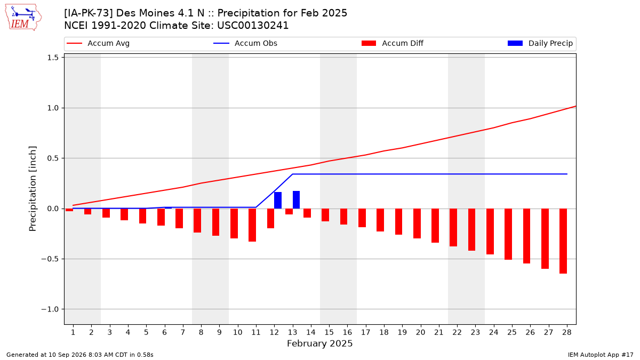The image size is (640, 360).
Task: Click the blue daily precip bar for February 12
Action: pos(278,201)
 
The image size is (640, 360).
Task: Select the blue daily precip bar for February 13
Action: pos(297,199)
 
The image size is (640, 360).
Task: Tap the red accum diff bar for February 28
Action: pos(563,241)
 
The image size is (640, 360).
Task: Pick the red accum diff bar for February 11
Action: pos(252,225)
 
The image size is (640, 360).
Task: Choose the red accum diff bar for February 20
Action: pos(417,223)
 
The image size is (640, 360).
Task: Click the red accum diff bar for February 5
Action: pos(142,216)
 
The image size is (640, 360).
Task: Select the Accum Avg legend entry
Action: pos(98,43)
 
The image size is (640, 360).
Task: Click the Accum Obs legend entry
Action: pos(245,43)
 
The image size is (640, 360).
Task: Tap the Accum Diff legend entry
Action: pos(393,43)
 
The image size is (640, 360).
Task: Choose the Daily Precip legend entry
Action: pos(540,43)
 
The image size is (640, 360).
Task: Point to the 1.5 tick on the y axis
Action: pos(53,58)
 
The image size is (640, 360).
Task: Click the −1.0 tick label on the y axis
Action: pos(50,309)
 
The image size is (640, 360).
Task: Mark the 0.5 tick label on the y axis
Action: pos(53,158)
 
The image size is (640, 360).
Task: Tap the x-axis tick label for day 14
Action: pos(311,332)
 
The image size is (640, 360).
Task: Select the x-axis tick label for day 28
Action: pos(567,332)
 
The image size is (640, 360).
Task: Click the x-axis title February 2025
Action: pos(319,343)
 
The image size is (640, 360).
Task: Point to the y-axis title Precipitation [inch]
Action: pos(33,189)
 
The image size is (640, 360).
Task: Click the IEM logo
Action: pos(23,18)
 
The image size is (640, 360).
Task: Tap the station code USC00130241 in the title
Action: pos(253,26)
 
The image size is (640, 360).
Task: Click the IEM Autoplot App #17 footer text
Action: pos(601,355)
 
